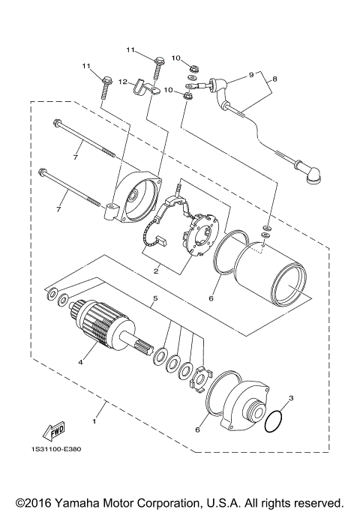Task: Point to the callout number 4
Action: click(81, 361)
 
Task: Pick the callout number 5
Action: click(155, 298)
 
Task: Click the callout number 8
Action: click(275, 78)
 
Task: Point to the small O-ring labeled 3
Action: click(275, 421)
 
